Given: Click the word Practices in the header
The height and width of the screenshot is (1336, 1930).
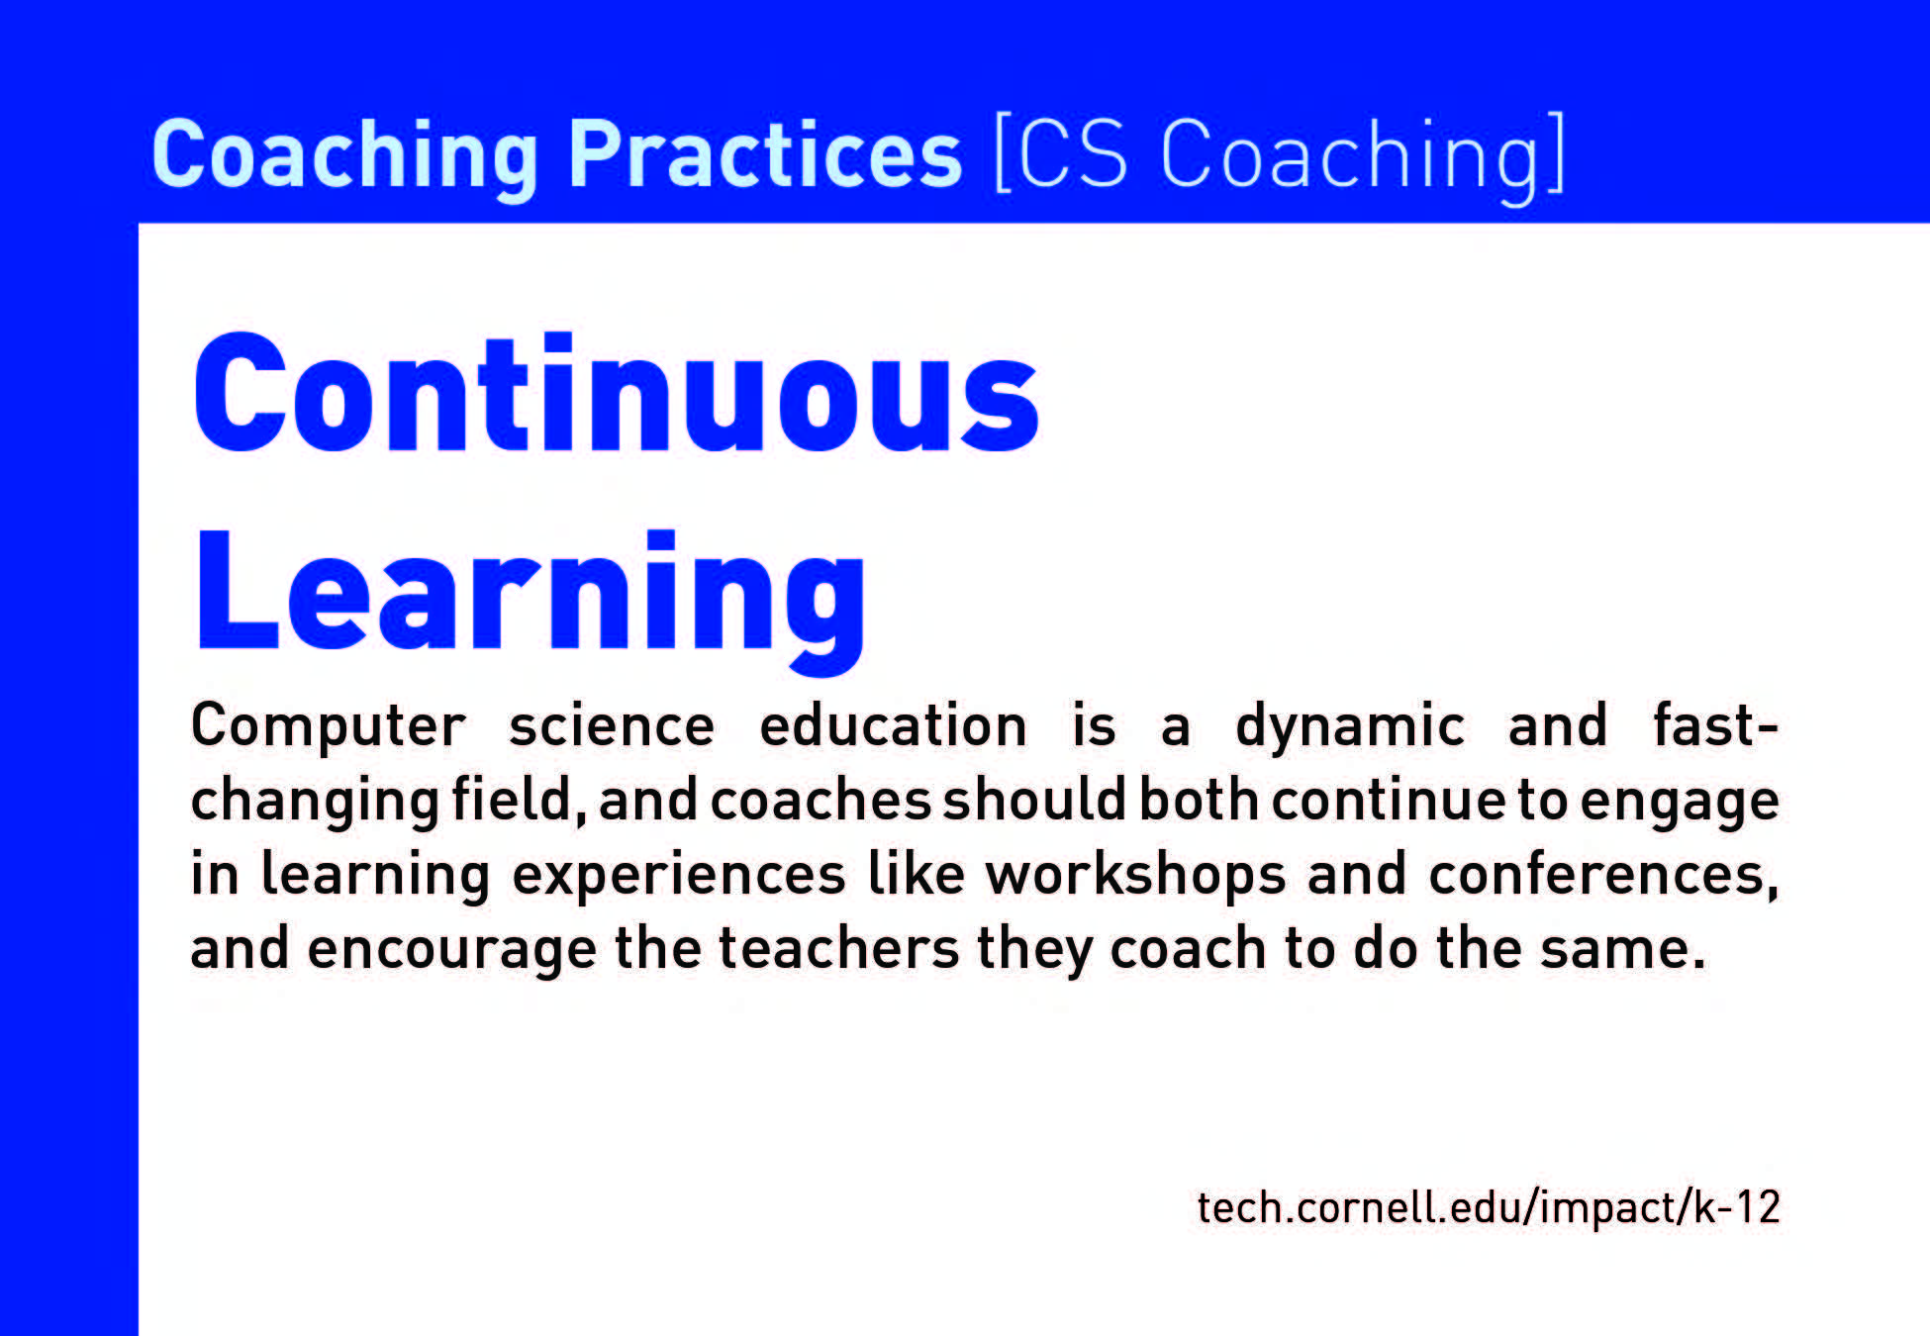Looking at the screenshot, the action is [x=764, y=153].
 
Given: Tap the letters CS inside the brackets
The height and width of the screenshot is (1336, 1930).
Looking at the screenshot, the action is [x=1072, y=153].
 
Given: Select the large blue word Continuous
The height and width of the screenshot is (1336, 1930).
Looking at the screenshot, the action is [x=616, y=392].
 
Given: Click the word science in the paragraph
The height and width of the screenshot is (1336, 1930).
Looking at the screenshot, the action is [x=612, y=726].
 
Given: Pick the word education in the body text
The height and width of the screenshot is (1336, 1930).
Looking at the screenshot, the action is [x=893, y=725].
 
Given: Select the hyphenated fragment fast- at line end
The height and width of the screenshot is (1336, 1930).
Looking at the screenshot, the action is [x=1715, y=724].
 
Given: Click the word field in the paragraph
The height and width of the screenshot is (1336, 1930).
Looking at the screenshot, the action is [x=511, y=799].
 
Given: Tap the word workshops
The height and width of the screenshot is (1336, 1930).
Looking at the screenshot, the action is [x=1135, y=876].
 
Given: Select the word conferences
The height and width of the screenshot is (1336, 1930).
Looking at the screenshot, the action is [x=1603, y=875].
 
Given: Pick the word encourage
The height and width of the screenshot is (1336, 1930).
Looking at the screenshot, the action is [x=452, y=950].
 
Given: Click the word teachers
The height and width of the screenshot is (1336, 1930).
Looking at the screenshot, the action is [x=838, y=948].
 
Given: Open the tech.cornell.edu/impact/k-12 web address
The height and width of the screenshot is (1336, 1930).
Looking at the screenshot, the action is [x=1489, y=1207].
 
